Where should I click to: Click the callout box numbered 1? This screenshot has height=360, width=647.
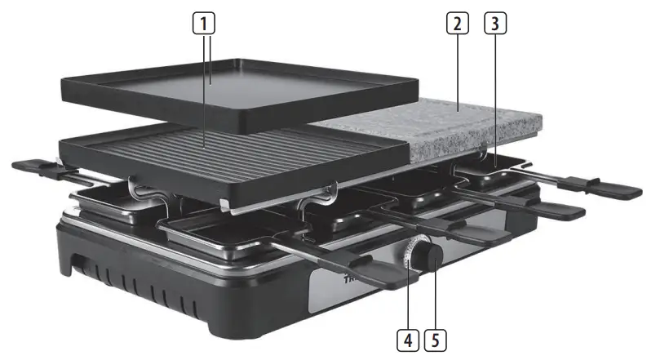tap(209, 23)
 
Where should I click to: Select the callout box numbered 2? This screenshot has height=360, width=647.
tap(458, 23)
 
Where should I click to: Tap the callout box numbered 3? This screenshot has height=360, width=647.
tap(494, 23)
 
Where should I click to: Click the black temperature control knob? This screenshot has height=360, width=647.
tap(429, 257)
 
